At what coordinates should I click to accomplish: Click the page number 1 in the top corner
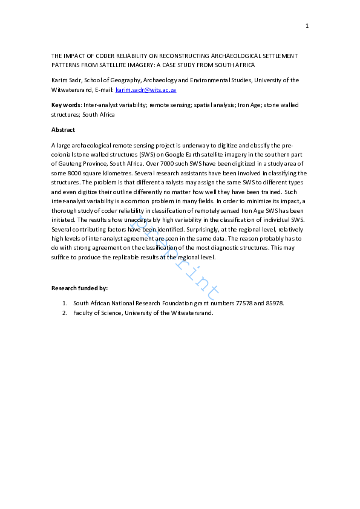click(307, 25)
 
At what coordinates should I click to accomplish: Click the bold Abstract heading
click(62, 129)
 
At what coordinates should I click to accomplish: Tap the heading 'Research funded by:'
click(79, 288)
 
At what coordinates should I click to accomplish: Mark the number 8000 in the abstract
click(71, 173)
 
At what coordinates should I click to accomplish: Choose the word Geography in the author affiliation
click(140, 80)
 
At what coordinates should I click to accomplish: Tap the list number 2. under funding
click(64, 313)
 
